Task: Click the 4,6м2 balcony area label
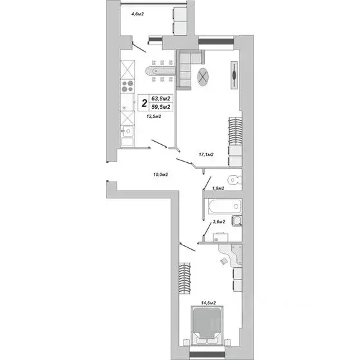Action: point(138,12)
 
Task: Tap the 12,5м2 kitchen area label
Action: point(153,117)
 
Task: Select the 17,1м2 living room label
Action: point(206,155)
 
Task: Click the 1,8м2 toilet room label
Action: point(218,189)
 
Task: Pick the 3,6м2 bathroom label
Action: point(218,222)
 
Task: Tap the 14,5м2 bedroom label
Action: point(207,303)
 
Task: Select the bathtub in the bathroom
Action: point(223,208)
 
